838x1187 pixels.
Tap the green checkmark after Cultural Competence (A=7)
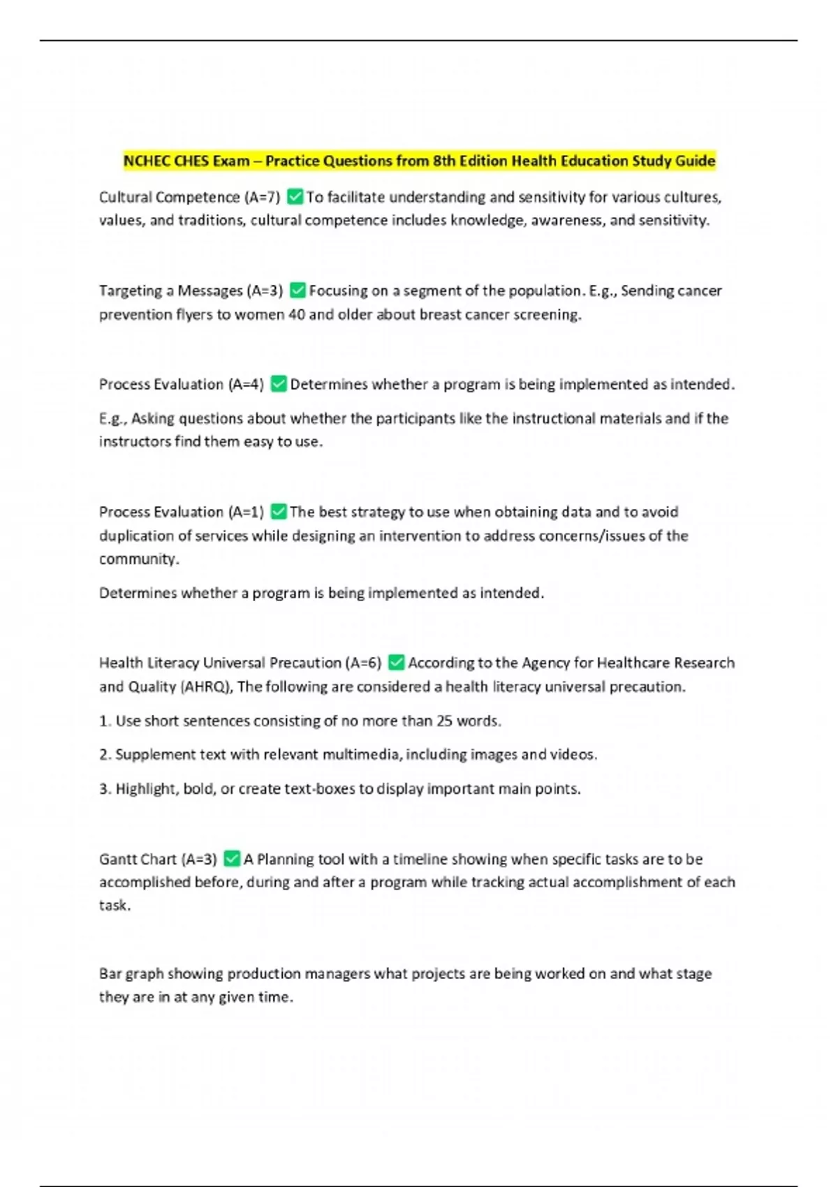pyautogui.click(x=295, y=197)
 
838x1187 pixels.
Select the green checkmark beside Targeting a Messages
pyautogui.click(x=297, y=290)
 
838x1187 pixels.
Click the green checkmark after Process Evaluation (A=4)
pyautogui.click(x=279, y=384)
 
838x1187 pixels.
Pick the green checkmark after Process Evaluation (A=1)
pyautogui.click(x=278, y=512)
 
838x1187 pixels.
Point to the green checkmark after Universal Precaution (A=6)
pyautogui.click(x=396, y=662)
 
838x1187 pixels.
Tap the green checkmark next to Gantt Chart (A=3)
pyautogui.click(x=232, y=859)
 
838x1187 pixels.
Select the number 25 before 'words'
pyautogui.click(x=444, y=721)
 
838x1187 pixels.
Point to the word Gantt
pyautogui.click(x=118, y=859)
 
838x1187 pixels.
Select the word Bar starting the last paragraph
pyautogui.click(x=110, y=973)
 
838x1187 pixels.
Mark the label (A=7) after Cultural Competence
pyautogui.click(x=263, y=197)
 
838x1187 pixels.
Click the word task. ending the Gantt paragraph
pyautogui.click(x=115, y=906)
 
